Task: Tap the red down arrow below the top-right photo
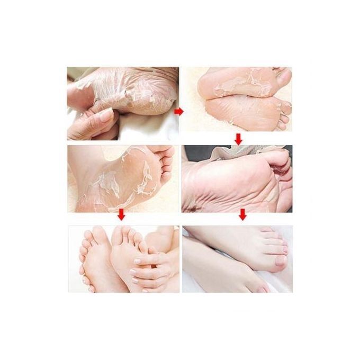click(x=239, y=139)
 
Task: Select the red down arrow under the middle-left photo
click(x=122, y=215)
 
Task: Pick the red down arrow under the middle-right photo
click(x=242, y=215)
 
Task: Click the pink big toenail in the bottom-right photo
click(x=280, y=260)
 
